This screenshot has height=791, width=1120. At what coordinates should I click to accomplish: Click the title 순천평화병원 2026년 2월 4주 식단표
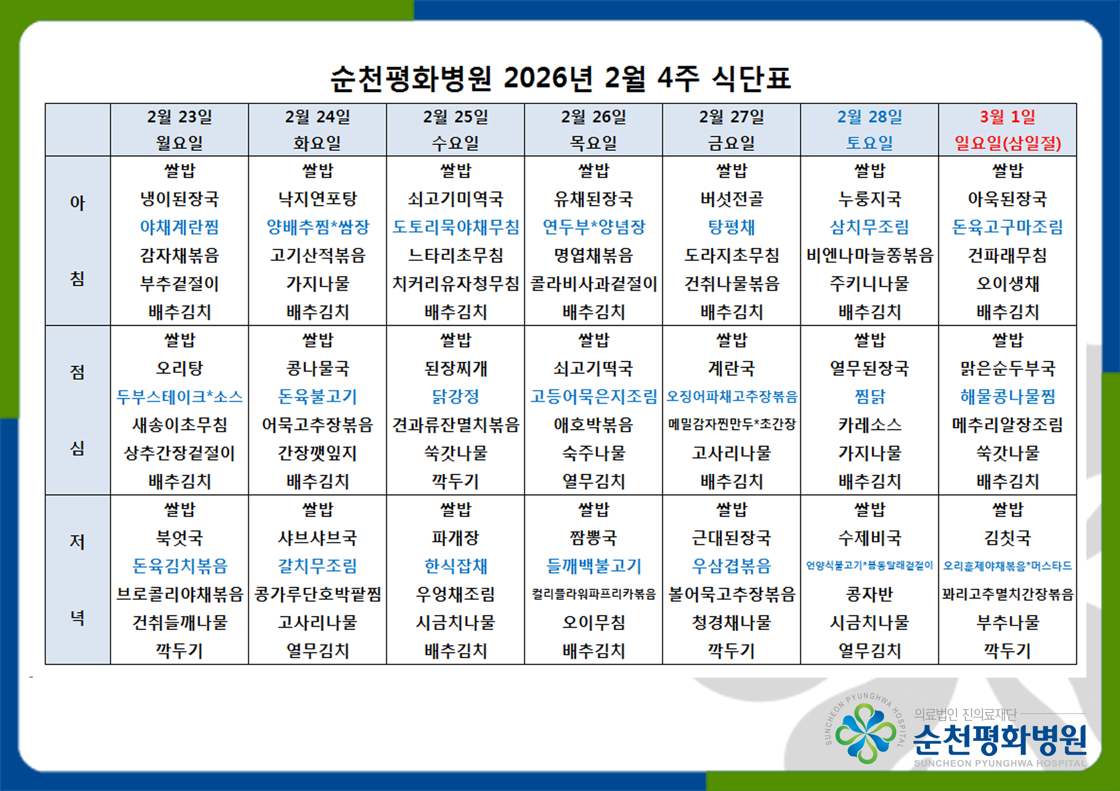pyautogui.click(x=560, y=78)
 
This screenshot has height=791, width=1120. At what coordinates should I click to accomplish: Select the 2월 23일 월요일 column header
pyautogui.click(x=180, y=130)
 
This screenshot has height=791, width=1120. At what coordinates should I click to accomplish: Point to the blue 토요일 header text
pyautogui.click(x=869, y=143)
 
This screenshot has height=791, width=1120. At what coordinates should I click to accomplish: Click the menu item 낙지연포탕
pyautogui.click(x=318, y=199)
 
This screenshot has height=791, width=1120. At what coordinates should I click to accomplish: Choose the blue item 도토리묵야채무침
pyautogui.click(x=456, y=227)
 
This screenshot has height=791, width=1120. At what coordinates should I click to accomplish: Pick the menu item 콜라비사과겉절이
pyautogui.click(x=594, y=284)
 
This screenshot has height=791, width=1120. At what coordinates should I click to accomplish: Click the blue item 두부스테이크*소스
pyautogui.click(x=180, y=397)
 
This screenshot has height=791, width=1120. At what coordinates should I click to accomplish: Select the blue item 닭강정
pyautogui.click(x=456, y=397)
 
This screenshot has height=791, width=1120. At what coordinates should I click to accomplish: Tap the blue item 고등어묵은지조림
pyautogui.click(x=594, y=397)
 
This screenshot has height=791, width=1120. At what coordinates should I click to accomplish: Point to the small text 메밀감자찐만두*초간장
pyautogui.click(x=732, y=424)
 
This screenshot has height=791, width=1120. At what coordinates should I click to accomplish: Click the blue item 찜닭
pyautogui.click(x=869, y=397)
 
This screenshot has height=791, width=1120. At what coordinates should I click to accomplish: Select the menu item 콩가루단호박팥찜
pyautogui.click(x=318, y=594)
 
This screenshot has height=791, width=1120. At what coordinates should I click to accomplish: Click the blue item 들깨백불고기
pyautogui.click(x=594, y=566)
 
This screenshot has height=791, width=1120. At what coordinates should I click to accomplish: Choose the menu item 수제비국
pyautogui.click(x=869, y=538)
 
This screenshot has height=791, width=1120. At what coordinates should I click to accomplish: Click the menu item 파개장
pyautogui.click(x=456, y=538)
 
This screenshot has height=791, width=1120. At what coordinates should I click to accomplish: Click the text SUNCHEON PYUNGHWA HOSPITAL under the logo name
pyautogui.click(x=1000, y=763)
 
